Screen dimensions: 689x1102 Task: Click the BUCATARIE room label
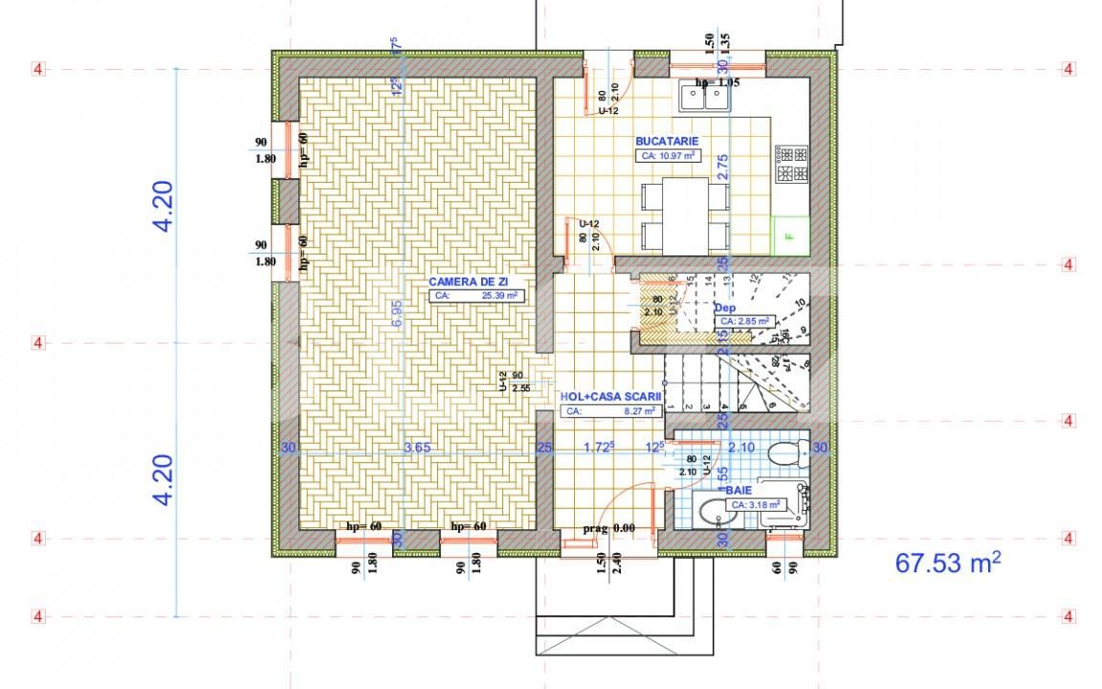pyautogui.click(x=660, y=141)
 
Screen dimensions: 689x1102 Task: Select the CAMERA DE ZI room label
pyautogui.click(x=467, y=281)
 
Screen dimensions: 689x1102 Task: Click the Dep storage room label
pyautogui.click(x=724, y=308)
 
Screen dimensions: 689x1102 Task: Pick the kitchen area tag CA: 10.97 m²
pyautogui.click(x=667, y=155)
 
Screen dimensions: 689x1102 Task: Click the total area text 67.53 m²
pyautogui.click(x=948, y=563)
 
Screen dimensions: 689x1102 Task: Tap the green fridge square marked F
pyautogui.click(x=790, y=234)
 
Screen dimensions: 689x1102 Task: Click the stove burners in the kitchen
pyautogui.click(x=792, y=164)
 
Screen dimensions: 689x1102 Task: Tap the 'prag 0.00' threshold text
pyautogui.click(x=609, y=528)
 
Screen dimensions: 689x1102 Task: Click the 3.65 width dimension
pyautogui.click(x=418, y=447)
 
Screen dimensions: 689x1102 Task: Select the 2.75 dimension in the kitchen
pyautogui.click(x=724, y=167)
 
